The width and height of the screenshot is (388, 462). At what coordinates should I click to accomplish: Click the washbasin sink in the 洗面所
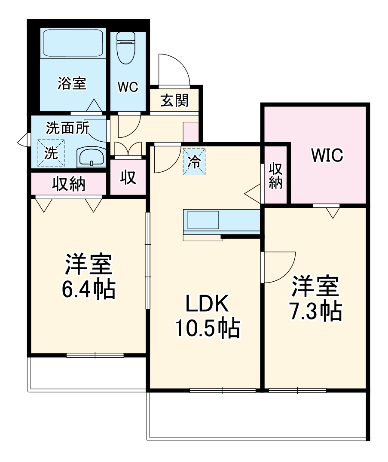[x=92, y=158]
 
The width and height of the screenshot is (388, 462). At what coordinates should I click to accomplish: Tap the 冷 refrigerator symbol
[x=195, y=162]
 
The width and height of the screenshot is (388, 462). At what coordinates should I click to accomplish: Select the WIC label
[x=327, y=155]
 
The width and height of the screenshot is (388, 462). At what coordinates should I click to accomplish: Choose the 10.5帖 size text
[x=206, y=328]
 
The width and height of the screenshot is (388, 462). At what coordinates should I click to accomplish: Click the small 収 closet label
[x=128, y=177]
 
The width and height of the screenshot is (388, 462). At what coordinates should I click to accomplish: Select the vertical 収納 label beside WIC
[x=275, y=176]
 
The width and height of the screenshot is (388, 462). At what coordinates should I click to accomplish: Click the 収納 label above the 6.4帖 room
[x=69, y=184]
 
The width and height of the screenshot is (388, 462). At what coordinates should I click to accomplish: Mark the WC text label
[x=128, y=87]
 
